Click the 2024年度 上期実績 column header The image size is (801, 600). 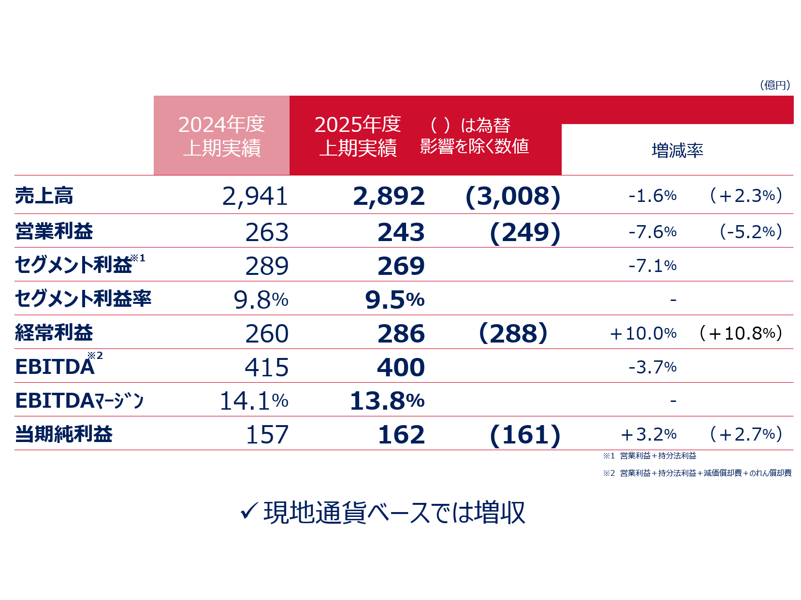tap(221, 136)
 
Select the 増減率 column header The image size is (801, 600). tap(677, 151)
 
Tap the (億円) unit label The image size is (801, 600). tap(775, 86)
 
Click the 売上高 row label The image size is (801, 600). tap(44, 196)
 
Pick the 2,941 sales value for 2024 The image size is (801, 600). tap(255, 196)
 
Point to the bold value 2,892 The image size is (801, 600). tap(389, 196)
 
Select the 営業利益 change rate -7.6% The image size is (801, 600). tap(652, 232)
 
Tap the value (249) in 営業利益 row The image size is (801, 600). tap(524, 232)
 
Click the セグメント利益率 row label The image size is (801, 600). tap(83, 299)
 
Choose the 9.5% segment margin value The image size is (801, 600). tap(394, 300)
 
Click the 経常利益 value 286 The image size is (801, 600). tap(401, 334)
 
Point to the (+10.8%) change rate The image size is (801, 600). tap(741, 333)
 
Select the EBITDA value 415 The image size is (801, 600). tap(266, 368)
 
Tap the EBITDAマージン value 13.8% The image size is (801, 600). tap(387, 401)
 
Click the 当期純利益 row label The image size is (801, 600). tap(64, 434)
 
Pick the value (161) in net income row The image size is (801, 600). tap(524, 435)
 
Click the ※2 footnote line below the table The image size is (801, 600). tap(697, 473)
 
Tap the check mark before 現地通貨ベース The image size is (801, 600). tap(248, 511)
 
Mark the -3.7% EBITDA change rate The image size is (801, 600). tap(652, 367)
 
